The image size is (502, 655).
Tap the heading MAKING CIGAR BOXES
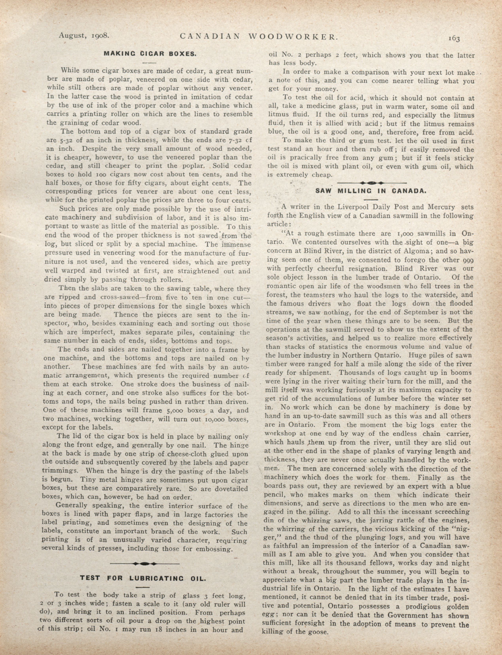[x=150, y=54]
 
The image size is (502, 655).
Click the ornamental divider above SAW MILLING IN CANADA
[x=372, y=182]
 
